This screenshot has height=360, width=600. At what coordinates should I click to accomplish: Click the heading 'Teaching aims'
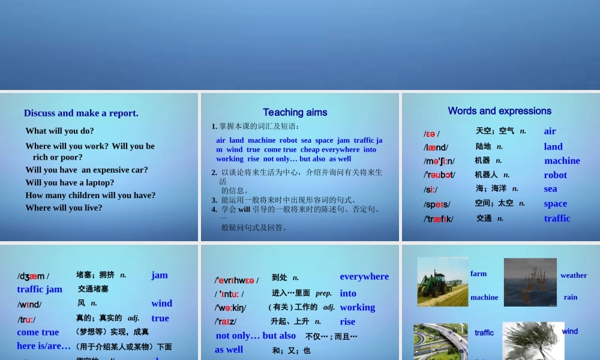pyautogui.click(x=295, y=112)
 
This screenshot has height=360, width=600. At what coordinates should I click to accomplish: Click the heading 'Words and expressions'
pyautogui.click(x=499, y=111)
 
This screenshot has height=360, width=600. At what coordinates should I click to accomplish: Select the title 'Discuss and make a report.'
pyautogui.click(x=81, y=113)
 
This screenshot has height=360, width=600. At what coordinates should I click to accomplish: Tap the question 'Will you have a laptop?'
pyautogui.click(x=70, y=182)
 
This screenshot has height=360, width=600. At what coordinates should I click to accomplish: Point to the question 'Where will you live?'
pyautogui.click(x=64, y=208)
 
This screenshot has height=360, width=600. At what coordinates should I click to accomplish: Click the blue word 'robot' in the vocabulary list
pyautogui.click(x=555, y=175)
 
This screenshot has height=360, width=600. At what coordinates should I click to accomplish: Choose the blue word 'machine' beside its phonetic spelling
pyautogui.click(x=562, y=161)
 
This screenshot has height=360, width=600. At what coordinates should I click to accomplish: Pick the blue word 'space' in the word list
pyautogui.click(x=555, y=204)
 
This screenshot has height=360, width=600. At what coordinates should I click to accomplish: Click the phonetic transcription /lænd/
pyautogui.click(x=436, y=148)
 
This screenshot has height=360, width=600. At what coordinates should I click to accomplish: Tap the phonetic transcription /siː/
pyautogui.click(x=431, y=190)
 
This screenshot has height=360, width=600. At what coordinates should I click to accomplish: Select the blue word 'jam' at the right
pyautogui.click(x=160, y=275)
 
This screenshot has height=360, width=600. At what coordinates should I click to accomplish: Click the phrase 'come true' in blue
pyautogui.click(x=38, y=332)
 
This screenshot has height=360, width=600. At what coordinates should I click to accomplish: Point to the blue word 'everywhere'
pyautogui.click(x=364, y=277)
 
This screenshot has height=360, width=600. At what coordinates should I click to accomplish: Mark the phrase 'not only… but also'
pyautogui.click(x=256, y=335)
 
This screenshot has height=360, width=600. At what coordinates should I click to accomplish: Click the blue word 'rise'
pyautogui.click(x=347, y=322)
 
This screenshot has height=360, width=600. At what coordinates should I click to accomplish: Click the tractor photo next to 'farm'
pyautogui.click(x=443, y=282)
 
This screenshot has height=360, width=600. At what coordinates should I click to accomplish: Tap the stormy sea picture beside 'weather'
pyautogui.click(x=530, y=282)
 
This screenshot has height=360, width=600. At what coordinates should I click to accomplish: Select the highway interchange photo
pyautogui.click(x=440, y=341)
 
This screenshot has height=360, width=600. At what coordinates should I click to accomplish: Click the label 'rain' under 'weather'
pyautogui.click(x=571, y=297)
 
